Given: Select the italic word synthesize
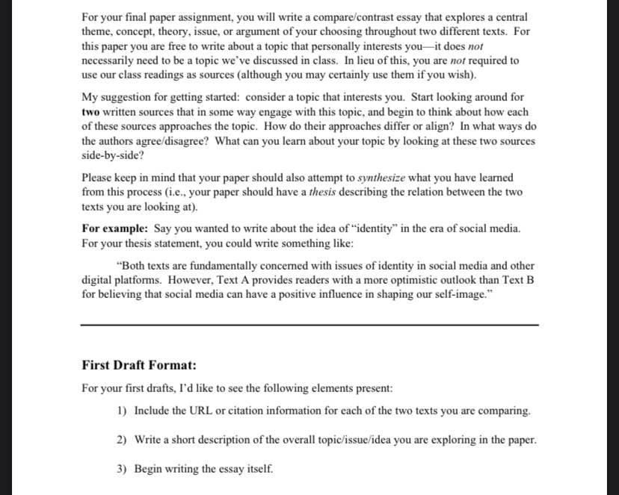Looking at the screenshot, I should pyautogui.click(x=382, y=178).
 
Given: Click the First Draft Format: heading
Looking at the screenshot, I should pyautogui.click(x=139, y=365).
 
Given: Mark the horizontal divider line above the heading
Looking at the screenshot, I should pyautogui.click(x=309, y=325).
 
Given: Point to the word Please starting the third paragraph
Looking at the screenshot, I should pyautogui.click(x=99, y=178).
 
